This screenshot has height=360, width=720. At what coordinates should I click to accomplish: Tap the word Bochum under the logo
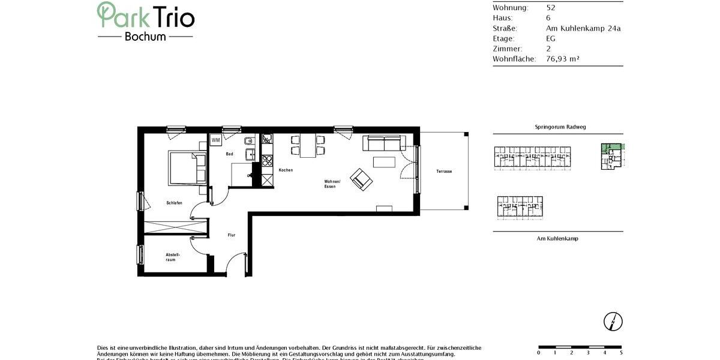(x=145, y=36)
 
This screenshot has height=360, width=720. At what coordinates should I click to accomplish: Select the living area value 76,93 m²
(x=562, y=59)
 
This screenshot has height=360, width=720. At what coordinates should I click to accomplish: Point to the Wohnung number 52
(x=550, y=8)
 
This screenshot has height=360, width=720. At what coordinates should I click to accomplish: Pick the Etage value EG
(x=550, y=38)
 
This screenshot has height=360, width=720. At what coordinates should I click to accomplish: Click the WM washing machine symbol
(x=215, y=140)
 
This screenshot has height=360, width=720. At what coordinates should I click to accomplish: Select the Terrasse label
(x=444, y=172)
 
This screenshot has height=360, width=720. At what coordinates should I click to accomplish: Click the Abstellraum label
(x=173, y=257)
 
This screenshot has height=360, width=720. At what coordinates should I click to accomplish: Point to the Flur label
(x=231, y=235)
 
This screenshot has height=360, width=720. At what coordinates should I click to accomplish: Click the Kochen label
(x=286, y=170)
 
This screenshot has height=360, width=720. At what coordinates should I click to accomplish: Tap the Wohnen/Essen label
(x=332, y=184)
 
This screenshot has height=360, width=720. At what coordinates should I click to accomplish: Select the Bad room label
(x=229, y=154)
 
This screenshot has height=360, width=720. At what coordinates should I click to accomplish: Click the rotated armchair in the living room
(x=361, y=178)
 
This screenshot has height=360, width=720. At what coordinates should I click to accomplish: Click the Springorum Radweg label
(x=557, y=127)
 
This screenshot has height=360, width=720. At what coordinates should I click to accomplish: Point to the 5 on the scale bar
(x=620, y=353)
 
